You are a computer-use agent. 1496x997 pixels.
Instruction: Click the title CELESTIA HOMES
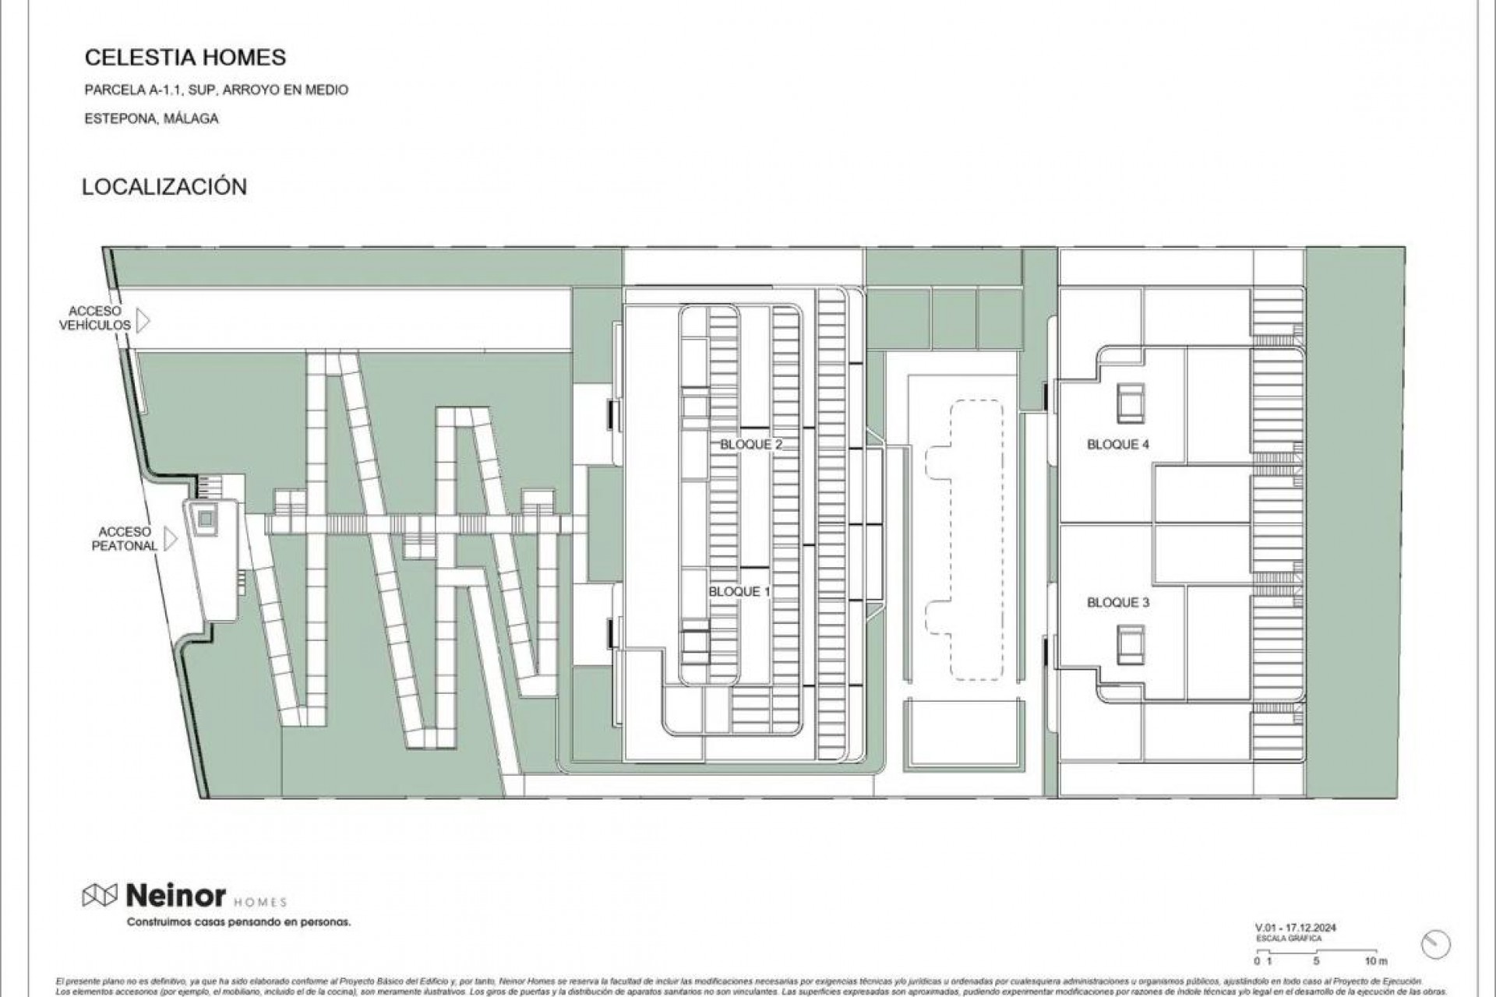click(x=185, y=58)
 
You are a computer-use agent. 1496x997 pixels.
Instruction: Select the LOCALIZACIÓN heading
click(x=164, y=187)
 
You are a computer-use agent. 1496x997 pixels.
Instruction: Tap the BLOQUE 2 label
click(x=750, y=445)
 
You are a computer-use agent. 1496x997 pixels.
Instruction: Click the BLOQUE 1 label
click(x=739, y=592)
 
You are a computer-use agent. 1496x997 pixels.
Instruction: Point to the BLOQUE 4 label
click(x=1118, y=445)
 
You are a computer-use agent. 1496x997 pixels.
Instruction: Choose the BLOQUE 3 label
click(x=1118, y=603)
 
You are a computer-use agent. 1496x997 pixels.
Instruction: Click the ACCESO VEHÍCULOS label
click(x=95, y=319)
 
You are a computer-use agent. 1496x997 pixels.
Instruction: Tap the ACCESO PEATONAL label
click(x=125, y=539)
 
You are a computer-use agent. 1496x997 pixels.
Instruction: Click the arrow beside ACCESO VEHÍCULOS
click(x=143, y=320)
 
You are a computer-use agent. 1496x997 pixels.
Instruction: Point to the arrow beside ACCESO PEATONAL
click(x=170, y=539)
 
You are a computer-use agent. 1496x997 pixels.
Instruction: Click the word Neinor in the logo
click(x=175, y=896)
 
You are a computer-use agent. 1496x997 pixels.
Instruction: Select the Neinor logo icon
click(x=100, y=896)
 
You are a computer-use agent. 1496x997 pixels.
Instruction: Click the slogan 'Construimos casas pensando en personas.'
click(x=238, y=922)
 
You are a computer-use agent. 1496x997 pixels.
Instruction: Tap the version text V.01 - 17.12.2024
click(x=1295, y=928)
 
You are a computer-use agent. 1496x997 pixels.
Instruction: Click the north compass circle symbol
click(x=1435, y=945)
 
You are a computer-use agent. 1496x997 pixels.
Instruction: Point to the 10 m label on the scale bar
click(x=1376, y=961)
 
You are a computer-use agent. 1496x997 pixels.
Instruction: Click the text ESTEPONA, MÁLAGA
click(x=151, y=119)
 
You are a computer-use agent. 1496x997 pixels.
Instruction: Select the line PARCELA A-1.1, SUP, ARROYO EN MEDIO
click(x=216, y=90)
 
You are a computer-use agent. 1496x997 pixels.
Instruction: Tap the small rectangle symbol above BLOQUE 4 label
click(x=1130, y=403)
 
